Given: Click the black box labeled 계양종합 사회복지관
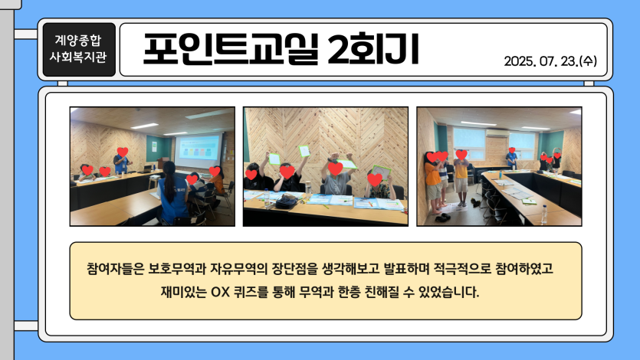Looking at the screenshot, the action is (x=79, y=49).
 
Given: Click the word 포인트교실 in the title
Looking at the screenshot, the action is (x=231, y=49).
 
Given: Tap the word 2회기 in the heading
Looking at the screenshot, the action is (x=373, y=49).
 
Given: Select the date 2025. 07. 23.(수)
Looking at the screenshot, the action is (x=550, y=61).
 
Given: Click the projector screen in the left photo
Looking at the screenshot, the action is (x=199, y=149).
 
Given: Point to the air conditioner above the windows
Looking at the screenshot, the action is (x=497, y=133).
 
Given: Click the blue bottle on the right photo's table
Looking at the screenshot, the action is (x=501, y=174).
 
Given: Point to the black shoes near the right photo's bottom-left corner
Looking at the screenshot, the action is (x=442, y=218).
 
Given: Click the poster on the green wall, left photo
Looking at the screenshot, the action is (x=154, y=147).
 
